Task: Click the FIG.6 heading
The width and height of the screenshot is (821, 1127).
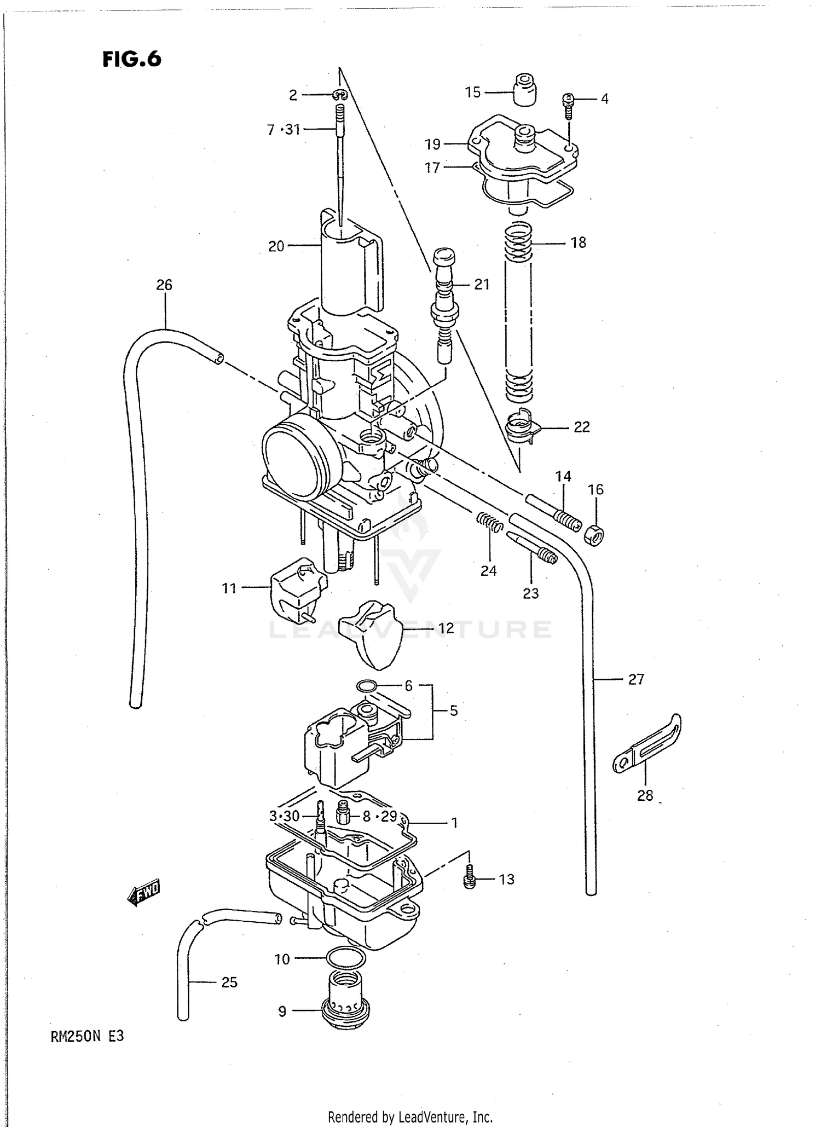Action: point(132,59)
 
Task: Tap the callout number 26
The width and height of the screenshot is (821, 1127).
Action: point(164,285)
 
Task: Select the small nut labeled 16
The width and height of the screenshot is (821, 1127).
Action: point(594,534)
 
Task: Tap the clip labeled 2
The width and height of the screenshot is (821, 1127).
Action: point(339,95)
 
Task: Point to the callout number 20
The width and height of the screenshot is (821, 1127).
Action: point(276,246)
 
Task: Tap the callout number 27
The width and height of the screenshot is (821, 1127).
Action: point(635,679)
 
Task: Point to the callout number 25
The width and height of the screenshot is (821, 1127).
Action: point(229,982)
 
